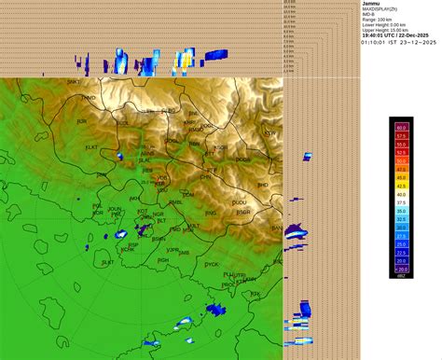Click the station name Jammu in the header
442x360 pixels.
(x=371, y=5)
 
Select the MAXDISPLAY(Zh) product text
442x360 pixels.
(x=384, y=11)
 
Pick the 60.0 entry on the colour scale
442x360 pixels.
(x=401, y=127)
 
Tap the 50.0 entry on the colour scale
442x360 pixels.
(x=401, y=145)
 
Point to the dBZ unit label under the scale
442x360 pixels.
(x=401, y=277)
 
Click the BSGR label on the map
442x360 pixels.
(x=243, y=212)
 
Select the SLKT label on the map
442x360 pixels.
(x=108, y=262)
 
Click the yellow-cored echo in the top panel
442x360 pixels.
(x=186, y=63)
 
